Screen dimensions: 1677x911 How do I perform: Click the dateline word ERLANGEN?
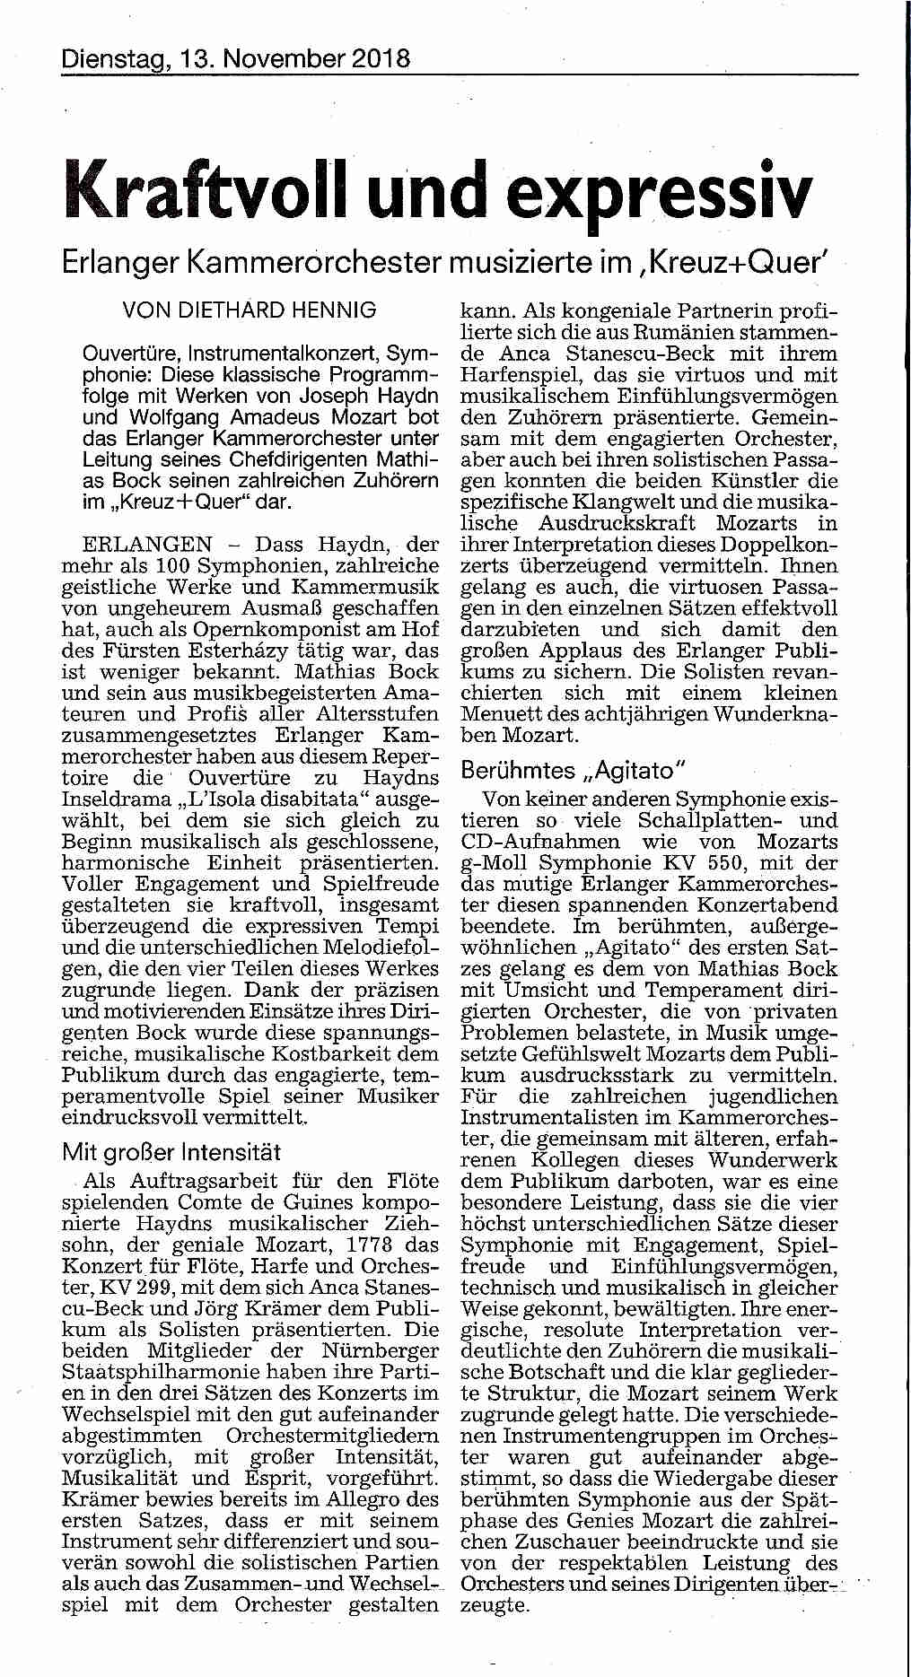pyautogui.click(x=147, y=545)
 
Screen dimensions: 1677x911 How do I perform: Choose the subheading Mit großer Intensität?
pyautogui.click(x=171, y=1151)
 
